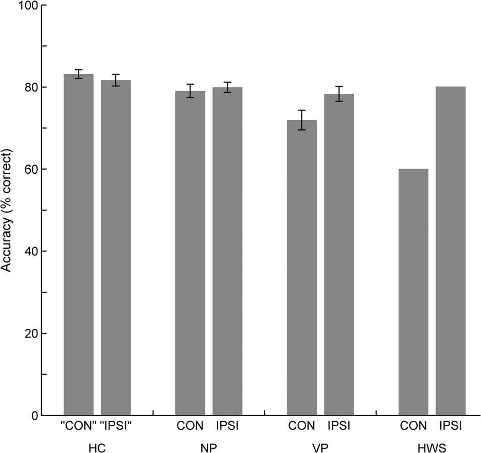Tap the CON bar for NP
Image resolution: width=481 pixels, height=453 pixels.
pyautogui.click(x=190, y=253)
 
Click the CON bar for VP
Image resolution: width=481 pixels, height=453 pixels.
pyautogui.click(x=302, y=268)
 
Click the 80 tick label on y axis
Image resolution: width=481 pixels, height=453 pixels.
pyautogui.click(x=30, y=87)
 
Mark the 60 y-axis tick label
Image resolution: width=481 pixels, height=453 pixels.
pyautogui.click(x=30, y=169)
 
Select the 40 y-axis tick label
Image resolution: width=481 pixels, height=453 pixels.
pyautogui.click(x=30, y=251)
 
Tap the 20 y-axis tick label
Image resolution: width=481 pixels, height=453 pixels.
pyautogui.click(x=30, y=333)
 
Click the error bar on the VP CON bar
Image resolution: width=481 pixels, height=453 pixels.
pyautogui.click(x=302, y=120)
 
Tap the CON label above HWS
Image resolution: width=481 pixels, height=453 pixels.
pyautogui.click(x=413, y=426)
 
